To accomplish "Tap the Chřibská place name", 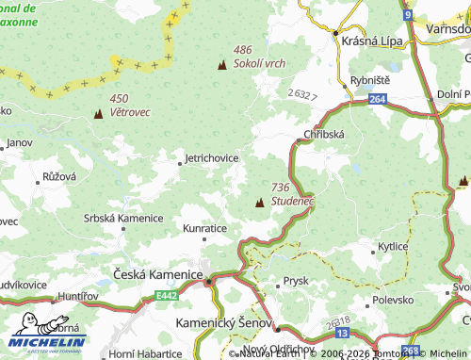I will coord(325,135).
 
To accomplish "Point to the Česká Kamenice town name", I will coord(158,274).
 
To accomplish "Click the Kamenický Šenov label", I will coord(223,322).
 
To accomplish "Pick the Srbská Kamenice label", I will coord(122,218).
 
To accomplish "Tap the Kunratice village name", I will coord(205,228).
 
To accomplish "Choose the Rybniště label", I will coord(369,80).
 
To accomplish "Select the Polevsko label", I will coord(394,299).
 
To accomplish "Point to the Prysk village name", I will coord(296,281).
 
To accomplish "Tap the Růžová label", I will coord(59,176).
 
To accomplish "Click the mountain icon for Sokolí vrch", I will coord(222,65).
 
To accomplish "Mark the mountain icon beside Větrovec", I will coord(98,115).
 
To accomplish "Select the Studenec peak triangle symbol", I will coord(259,201).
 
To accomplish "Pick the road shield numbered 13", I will coord(342,334).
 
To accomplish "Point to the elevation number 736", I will coord(280,188).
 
